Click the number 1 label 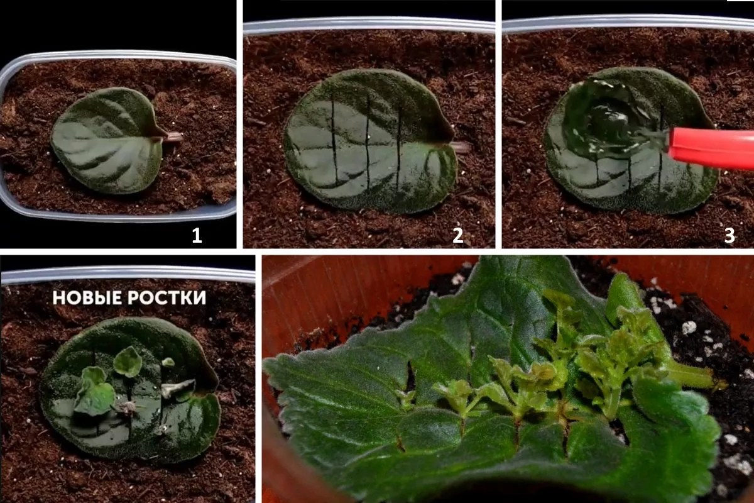click(197, 236)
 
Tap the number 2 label click(458, 236)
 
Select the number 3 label click(729, 236)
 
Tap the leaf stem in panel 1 click(175, 137)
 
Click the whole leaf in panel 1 click(108, 141)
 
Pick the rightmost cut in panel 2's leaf click(399, 148)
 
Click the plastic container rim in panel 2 click(369, 26)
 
